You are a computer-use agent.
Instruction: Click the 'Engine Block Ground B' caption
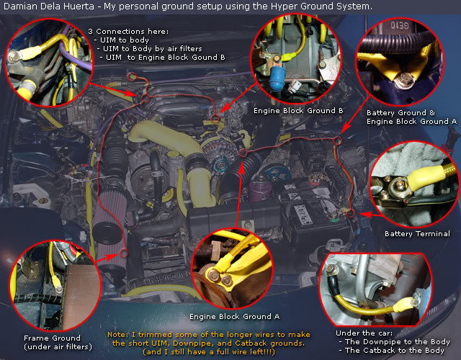(x=298, y=110)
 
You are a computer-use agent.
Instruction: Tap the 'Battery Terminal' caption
(x=417, y=233)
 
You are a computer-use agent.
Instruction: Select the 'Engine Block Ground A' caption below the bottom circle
(x=234, y=317)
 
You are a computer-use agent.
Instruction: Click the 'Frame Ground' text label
(x=52, y=338)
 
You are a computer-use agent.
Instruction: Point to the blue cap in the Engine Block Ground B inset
(x=277, y=76)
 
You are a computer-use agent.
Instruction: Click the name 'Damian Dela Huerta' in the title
(x=49, y=6)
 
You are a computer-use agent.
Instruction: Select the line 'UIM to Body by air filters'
(x=152, y=48)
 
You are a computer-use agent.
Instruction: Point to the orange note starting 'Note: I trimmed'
(x=208, y=343)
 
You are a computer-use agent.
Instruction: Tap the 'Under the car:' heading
(x=364, y=333)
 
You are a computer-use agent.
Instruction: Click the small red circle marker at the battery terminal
(x=350, y=213)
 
